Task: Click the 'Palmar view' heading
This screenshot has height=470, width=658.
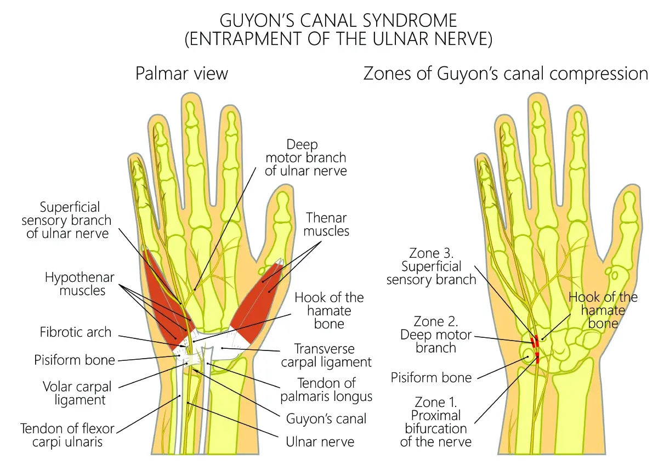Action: coord(181,73)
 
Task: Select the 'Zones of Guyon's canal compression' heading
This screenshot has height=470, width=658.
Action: coord(506,73)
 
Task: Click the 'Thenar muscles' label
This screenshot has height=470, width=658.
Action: coord(326,224)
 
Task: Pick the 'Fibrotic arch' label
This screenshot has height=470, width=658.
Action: coord(75,332)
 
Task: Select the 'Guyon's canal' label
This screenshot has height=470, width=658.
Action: coord(326,419)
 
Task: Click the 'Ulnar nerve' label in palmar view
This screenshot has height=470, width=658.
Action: coord(320,441)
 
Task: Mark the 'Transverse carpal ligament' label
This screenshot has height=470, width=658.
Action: coord(326,355)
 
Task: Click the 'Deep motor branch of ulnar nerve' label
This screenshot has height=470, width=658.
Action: coord(306,157)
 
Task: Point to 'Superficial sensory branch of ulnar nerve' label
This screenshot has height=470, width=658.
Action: coord(66,220)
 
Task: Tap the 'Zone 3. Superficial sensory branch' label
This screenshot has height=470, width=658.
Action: coord(431,266)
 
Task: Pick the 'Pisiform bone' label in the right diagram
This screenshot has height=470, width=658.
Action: coord(431,377)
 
